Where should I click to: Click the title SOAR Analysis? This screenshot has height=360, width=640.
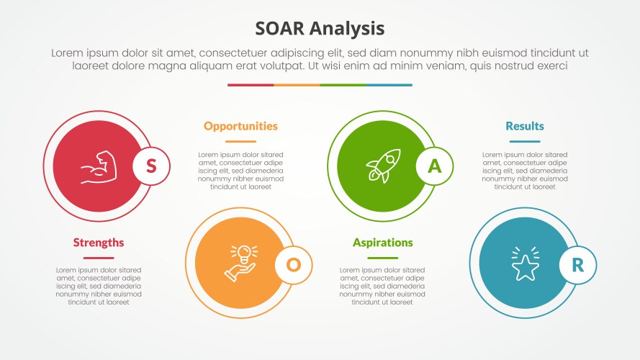click(320, 28)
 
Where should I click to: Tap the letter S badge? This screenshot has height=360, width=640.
click(151, 166)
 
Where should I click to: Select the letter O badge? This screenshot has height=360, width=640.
click(294, 264)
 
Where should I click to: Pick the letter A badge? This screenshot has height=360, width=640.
click(435, 166)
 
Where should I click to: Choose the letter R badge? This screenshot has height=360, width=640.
click(577, 264)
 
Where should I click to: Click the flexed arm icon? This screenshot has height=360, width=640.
click(99, 166)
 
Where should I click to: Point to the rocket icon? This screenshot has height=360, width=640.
click(382, 166)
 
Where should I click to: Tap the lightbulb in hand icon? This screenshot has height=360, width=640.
click(241, 264)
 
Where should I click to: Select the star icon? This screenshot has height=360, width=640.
click(524, 264)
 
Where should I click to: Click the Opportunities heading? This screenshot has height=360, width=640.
click(240, 126)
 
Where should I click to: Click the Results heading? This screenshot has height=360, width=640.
click(524, 126)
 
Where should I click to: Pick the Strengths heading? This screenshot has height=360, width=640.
click(99, 243)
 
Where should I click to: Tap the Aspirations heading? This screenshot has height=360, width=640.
click(382, 243)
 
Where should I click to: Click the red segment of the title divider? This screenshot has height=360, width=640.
click(251, 85)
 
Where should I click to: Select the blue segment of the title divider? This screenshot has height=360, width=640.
click(389, 85)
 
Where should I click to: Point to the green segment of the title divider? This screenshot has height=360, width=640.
click(343, 85)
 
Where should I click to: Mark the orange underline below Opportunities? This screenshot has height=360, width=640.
click(240, 142)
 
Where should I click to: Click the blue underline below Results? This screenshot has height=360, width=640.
click(524, 142)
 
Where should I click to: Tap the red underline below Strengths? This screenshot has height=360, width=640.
click(99, 258)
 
